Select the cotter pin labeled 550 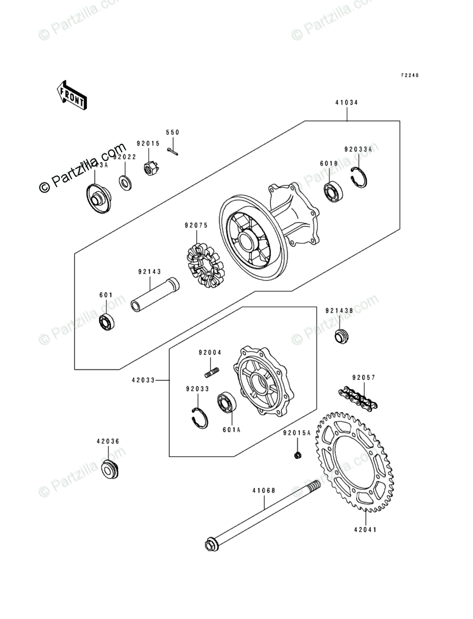pos(173,152)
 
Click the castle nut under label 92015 pos(151,168)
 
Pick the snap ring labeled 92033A pos(360,176)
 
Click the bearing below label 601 pos(108,322)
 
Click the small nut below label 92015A pos(298,454)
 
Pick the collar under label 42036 pos(110,469)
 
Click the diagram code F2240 pos(409,76)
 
